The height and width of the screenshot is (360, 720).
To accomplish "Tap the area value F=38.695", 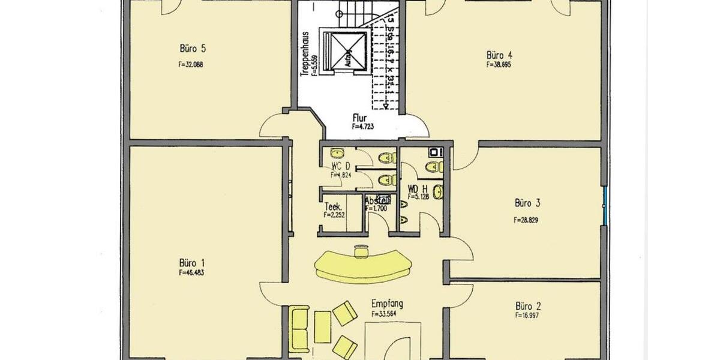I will tap(499, 64).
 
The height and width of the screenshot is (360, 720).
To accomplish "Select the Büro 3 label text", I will tap(526, 202).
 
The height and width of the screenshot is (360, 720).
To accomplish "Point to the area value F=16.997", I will tap(526, 315).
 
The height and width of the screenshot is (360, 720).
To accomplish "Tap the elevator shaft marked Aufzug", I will tap(344, 50).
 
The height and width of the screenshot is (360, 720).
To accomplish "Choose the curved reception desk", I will tap(363, 266).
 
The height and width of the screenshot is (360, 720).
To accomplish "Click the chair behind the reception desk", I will tap(361, 251).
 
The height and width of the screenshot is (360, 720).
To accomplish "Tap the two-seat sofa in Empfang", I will tap(299, 329).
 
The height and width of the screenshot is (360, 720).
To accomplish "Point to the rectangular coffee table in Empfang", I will tap(322, 327).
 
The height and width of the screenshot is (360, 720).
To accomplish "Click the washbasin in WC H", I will tap(439, 192).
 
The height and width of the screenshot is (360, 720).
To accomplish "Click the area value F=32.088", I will tap(191, 64).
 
